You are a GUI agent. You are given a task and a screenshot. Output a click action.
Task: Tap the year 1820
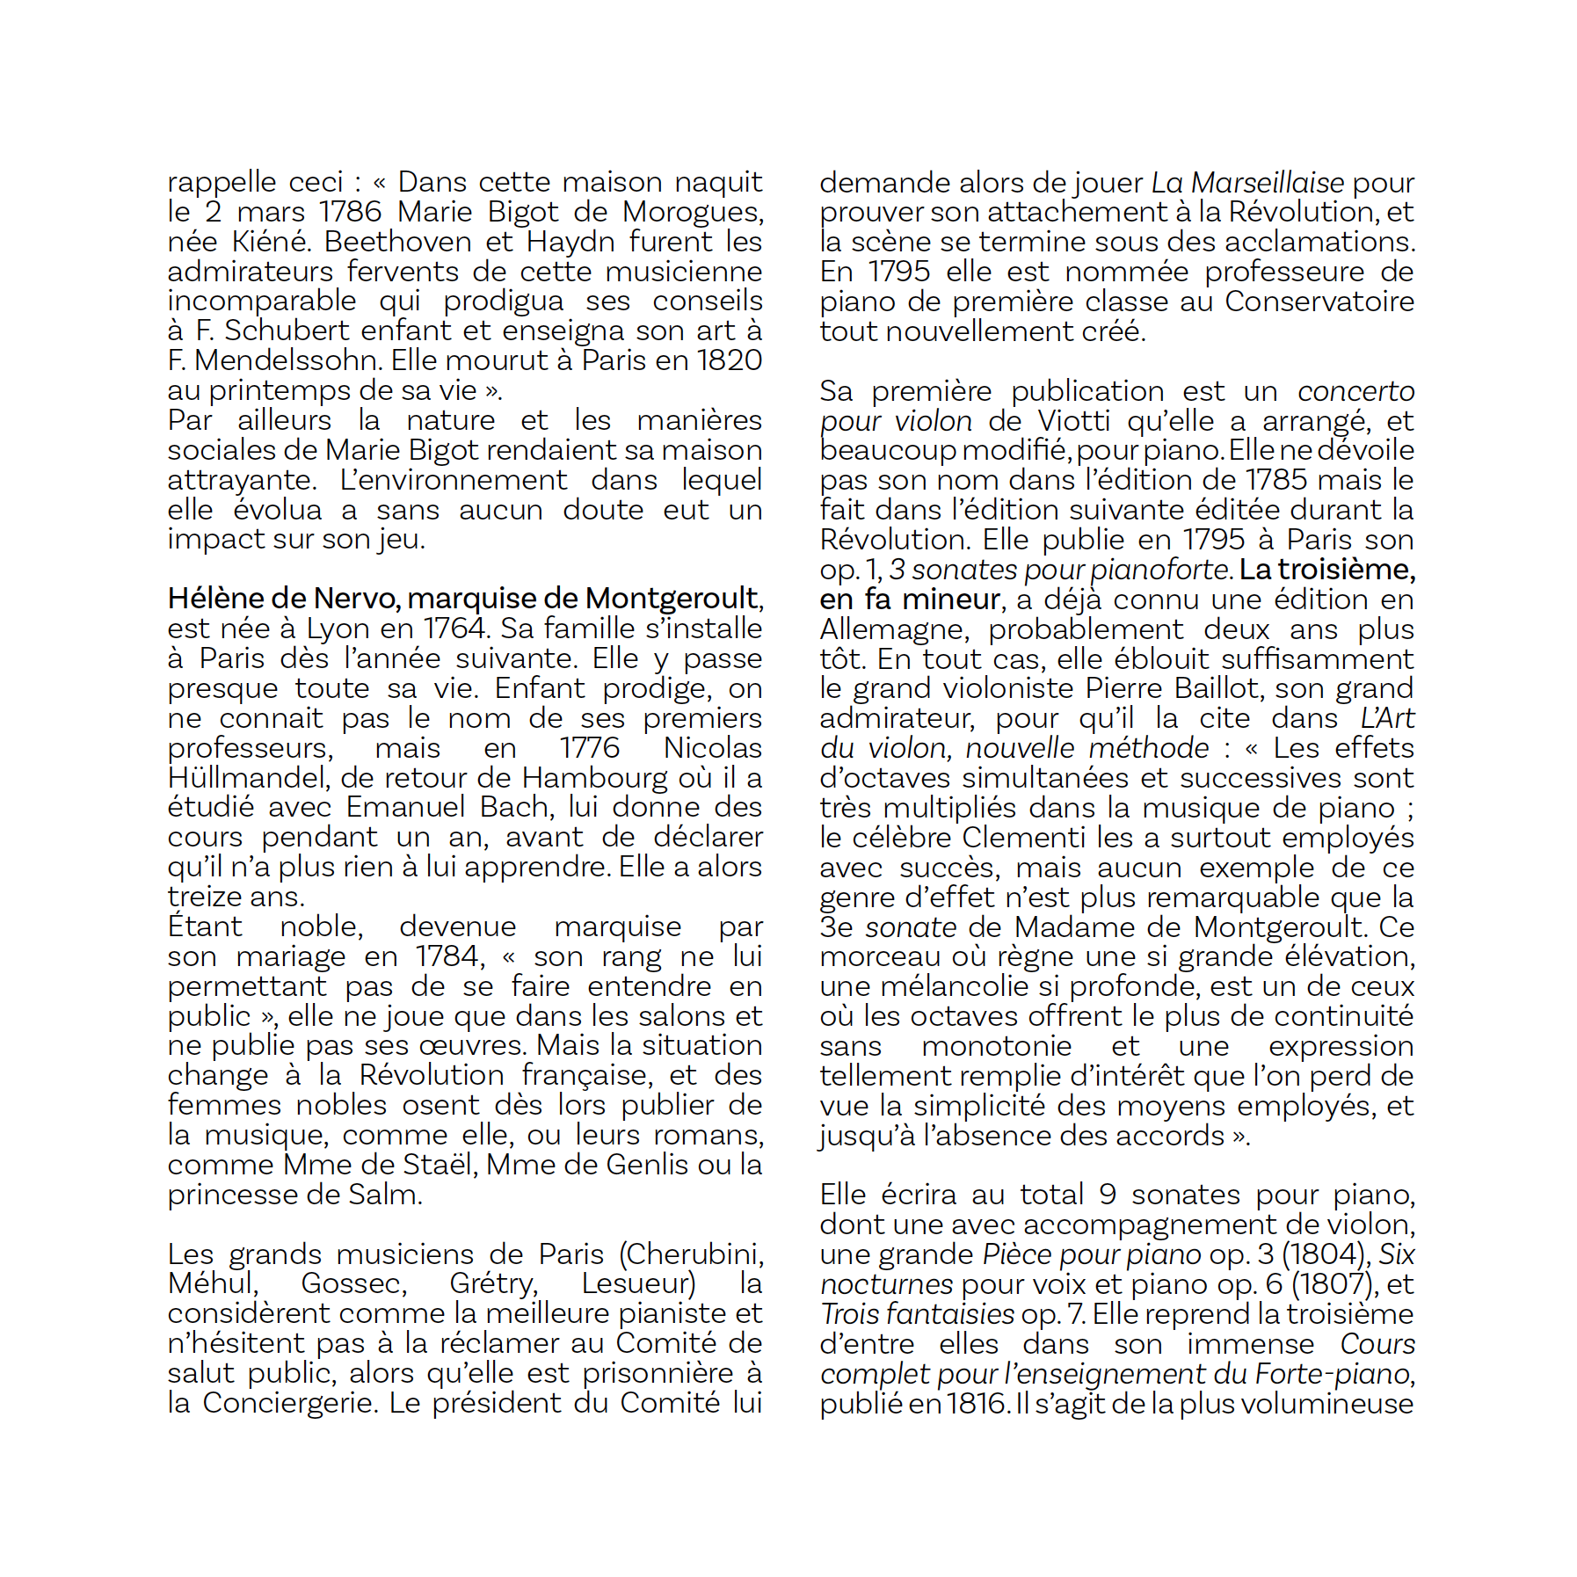pyautogui.click(x=729, y=360)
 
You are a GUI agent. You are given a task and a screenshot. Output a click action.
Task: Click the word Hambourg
pyautogui.click(x=595, y=778)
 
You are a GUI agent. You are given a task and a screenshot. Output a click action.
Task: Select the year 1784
pyautogui.click(x=449, y=956)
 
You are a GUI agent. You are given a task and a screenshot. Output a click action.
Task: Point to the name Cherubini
pyautogui.click(x=694, y=1254)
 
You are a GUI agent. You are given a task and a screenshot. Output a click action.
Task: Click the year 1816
pyautogui.click(x=977, y=1404)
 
